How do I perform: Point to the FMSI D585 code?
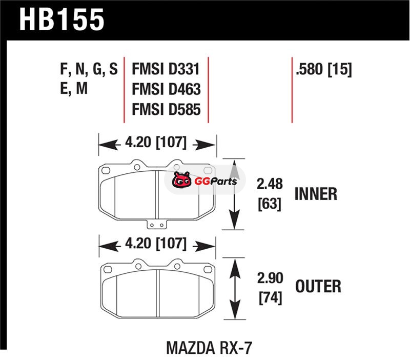point(166,109)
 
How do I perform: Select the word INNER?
point(315,194)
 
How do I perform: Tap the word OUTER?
point(318,285)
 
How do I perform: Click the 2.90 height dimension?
point(269,279)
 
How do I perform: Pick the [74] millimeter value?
point(269,297)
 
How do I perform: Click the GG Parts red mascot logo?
point(181,181)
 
